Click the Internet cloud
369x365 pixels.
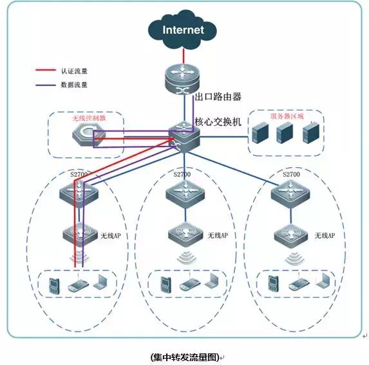tap(182, 30)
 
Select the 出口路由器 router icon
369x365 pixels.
tap(182, 79)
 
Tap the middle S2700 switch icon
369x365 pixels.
tap(183, 191)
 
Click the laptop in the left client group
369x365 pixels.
tap(99, 282)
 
